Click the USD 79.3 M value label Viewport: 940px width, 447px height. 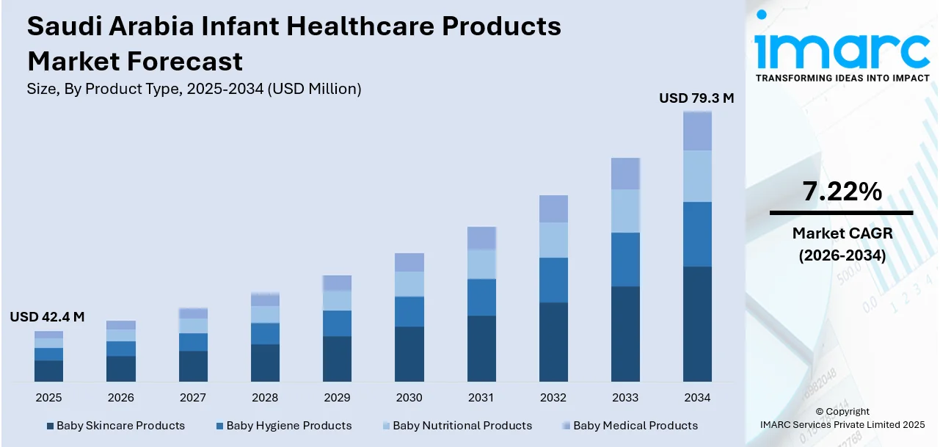click(x=696, y=98)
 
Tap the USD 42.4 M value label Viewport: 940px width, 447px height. click(x=47, y=317)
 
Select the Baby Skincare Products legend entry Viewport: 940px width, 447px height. click(x=120, y=426)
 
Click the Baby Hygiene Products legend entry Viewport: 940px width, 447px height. click(x=288, y=426)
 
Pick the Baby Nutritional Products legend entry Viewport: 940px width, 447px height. click(x=462, y=426)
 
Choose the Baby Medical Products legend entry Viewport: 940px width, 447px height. click(x=635, y=426)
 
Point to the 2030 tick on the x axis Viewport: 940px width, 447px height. click(x=409, y=398)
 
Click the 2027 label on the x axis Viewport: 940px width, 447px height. click(x=193, y=398)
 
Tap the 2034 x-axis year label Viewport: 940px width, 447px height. click(x=697, y=398)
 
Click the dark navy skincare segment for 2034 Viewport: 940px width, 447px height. click(x=697, y=324)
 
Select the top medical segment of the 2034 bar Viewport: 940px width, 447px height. click(x=697, y=131)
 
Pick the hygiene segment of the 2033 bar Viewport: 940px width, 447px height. click(x=625, y=259)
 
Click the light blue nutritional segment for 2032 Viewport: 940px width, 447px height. click(x=553, y=240)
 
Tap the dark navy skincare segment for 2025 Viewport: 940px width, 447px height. click(x=48, y=371)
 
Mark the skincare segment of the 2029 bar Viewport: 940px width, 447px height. click(x=337, y=359)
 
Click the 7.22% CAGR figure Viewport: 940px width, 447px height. click(x=841, y=192)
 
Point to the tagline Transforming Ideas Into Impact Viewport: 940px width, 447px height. click(x=842, y=78)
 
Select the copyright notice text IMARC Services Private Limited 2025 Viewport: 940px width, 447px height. click(x=842, y=424)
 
